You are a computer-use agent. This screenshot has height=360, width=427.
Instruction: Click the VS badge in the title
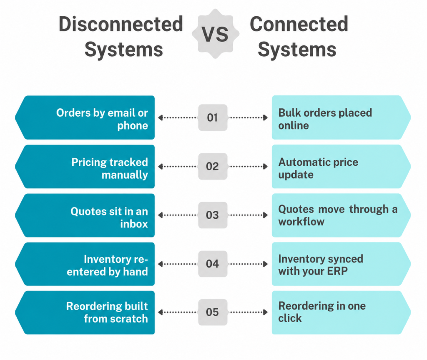click(x=216, y=34)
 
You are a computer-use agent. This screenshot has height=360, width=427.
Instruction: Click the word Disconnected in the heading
click(x=121, y=24)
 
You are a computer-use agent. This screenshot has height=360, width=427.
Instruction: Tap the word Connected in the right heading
click(x=299, y=24)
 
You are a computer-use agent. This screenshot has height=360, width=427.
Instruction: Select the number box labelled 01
click(x=213, y=117)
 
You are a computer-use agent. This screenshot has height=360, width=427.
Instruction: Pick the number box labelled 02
click(x=213, y=166)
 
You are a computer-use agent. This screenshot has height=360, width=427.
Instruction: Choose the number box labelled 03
click(x=213, y=215)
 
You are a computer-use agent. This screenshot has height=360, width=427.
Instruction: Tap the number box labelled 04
click(x=213, y=264)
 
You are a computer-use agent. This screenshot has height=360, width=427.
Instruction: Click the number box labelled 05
click(x=213, y=312)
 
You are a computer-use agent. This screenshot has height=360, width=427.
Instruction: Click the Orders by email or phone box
click(x=85, y=117)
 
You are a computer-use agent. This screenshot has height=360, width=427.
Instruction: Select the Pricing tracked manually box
click(x=85, y=167)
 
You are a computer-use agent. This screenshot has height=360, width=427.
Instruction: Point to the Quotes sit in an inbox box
click(x=85, y=215)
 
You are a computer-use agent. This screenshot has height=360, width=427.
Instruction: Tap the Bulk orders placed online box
click(x=341, y=117)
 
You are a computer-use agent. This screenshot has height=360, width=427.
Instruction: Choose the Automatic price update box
click(x=341, y=167)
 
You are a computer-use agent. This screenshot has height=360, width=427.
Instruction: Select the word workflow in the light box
click(x=301, y=222)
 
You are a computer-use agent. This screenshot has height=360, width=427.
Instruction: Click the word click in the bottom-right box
click(x=290, y=318)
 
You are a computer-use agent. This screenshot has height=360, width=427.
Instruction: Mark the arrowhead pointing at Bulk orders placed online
click(x=265, y=117)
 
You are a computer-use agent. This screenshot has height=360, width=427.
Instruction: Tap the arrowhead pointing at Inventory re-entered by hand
click(x=161, y=264)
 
